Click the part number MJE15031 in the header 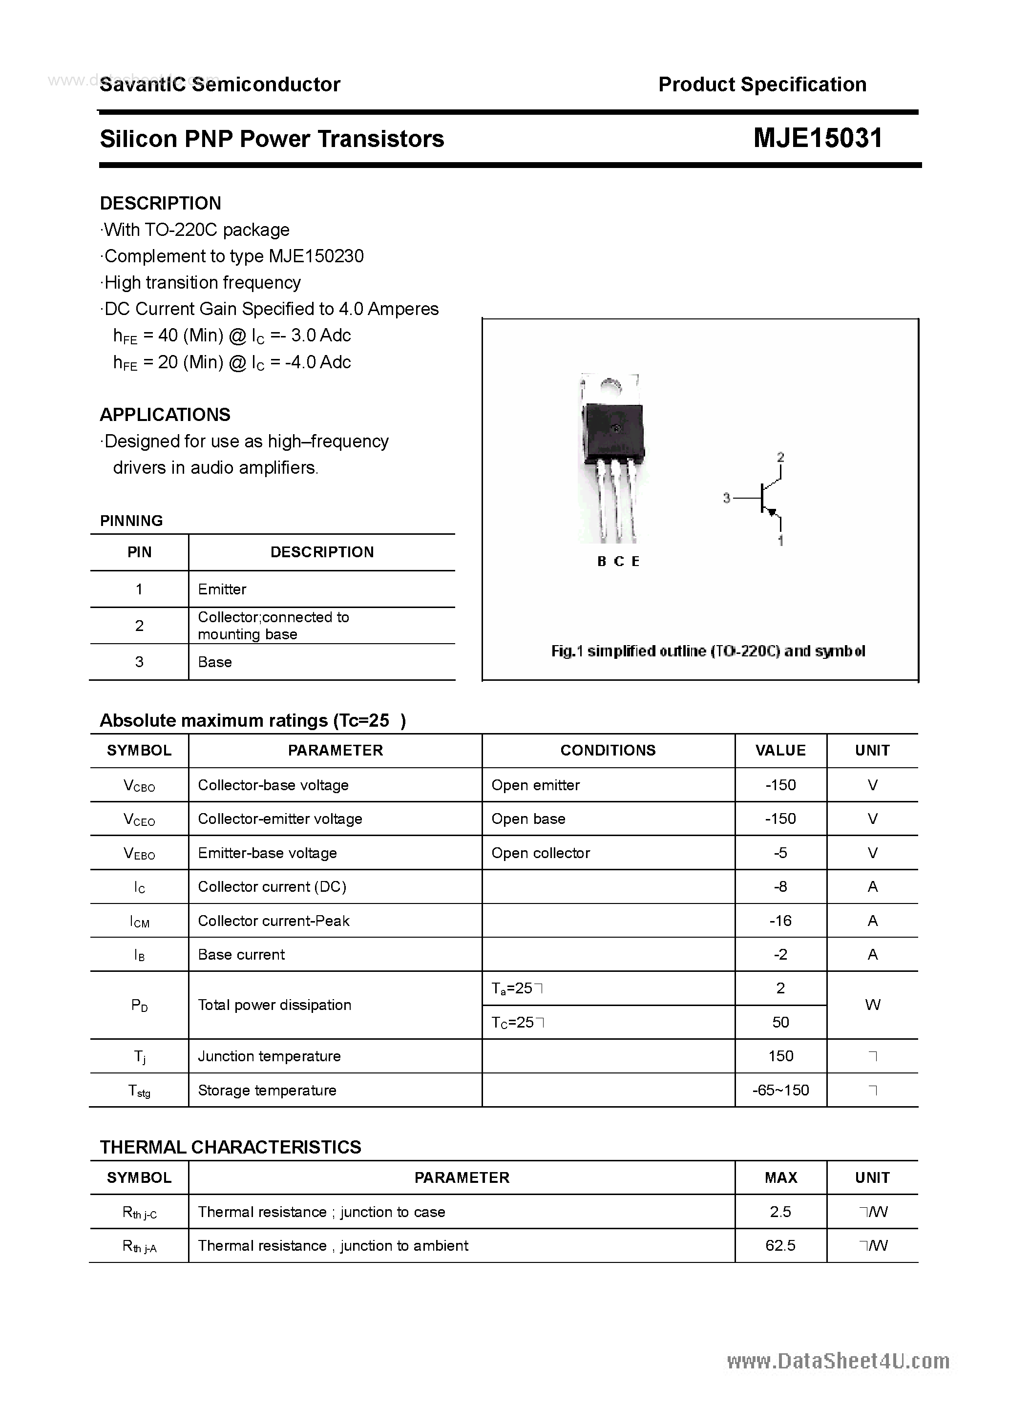818,138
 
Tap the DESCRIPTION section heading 161,203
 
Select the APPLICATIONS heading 165,415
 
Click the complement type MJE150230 316,256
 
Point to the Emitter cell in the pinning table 222,589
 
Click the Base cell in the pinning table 214,662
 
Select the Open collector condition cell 541,853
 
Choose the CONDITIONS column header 608,750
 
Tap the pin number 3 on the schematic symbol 726,498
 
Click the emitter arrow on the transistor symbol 772,512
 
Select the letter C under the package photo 618,562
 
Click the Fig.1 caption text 708,651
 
